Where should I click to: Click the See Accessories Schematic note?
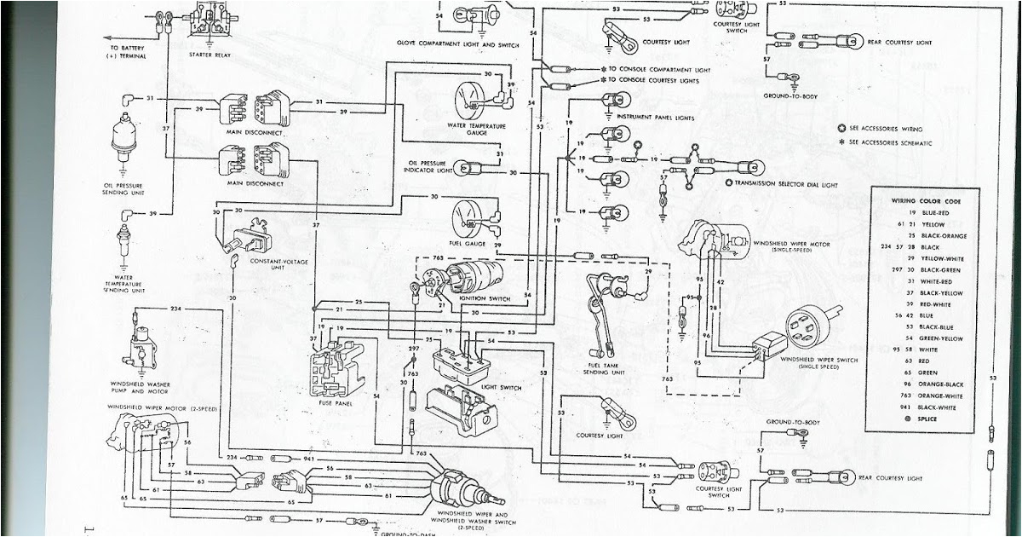coord(891,142)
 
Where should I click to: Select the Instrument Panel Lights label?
coord(655,117)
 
